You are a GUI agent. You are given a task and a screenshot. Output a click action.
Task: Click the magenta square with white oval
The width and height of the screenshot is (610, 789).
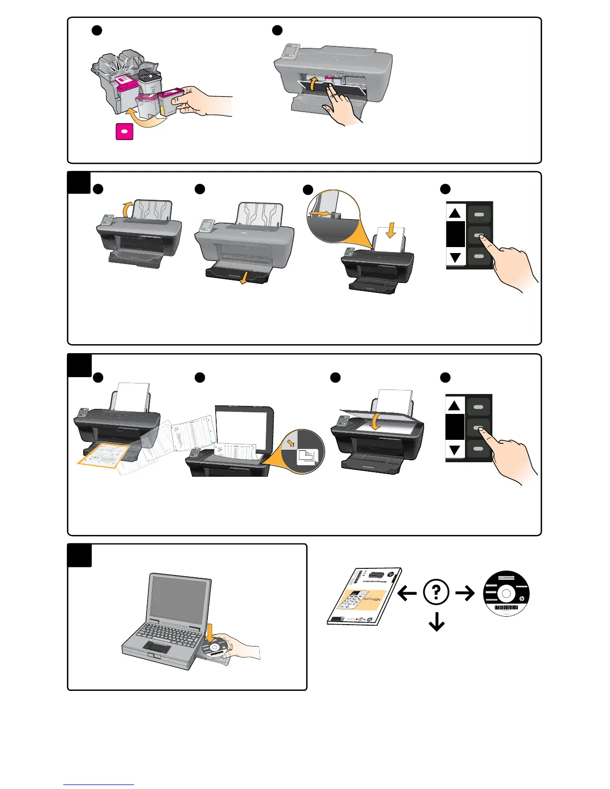[125, 131]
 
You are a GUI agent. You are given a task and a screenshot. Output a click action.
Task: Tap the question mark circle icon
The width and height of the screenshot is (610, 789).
[436, 592]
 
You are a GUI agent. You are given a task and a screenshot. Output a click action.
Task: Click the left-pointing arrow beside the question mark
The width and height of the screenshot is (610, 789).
[407, 593]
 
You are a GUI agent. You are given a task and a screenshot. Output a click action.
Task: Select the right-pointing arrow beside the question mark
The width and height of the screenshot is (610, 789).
[465, 593]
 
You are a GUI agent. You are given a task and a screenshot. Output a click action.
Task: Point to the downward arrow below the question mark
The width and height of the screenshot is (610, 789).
[437, 622]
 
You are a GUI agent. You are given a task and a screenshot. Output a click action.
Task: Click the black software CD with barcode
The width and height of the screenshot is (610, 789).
[506, 593]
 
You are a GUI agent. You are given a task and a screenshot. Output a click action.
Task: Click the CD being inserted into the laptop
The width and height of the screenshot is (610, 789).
[216, 648]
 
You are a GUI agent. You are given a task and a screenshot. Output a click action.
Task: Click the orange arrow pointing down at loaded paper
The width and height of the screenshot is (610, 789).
[391, 230]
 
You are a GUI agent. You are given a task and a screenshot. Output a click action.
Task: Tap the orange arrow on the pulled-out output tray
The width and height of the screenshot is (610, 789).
[244, 279]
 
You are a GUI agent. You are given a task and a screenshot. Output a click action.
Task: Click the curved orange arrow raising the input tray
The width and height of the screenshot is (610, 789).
[128, 208]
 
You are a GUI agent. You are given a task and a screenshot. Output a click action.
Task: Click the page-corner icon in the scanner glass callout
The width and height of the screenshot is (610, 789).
[307, 456]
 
